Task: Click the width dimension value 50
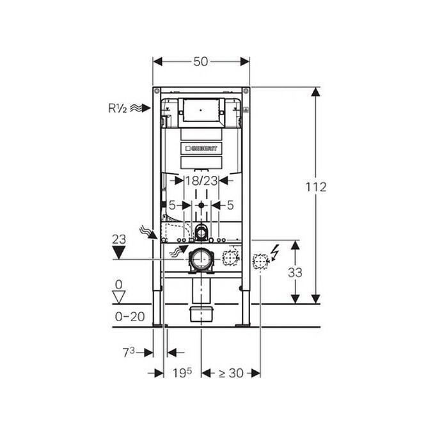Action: pos(201,61)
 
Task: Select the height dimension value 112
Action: pos(316,187)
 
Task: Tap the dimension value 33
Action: pos(295,273)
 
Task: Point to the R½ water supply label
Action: pos(117,108)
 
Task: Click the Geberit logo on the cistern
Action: pos(201,148)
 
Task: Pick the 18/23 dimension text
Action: pos(201,181)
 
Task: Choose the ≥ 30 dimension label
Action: pos(231,373)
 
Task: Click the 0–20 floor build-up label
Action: pos(130,317)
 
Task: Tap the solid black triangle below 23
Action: pos(119,253)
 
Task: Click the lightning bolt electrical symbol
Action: pos(276,253)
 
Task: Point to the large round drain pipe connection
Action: pos(201,259)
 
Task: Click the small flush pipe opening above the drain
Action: pos(201,232)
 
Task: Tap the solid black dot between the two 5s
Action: pos(201,205)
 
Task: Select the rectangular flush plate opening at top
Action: pos(201,110)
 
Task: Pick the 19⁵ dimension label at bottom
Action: pos(182,373)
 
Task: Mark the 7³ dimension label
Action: pos(129,352)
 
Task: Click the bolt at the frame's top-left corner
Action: pos(157,91)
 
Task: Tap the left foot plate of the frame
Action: pos(160,325)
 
